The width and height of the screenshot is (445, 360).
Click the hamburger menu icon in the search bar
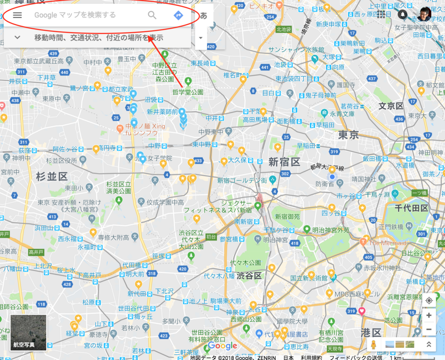pos(17,15)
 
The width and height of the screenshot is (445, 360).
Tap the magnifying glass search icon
pos(152,15)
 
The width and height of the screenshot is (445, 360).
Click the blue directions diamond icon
pos(178,15)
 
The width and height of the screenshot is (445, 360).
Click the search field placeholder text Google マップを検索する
pos(75,15)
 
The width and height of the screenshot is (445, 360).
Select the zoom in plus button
pos(429,315)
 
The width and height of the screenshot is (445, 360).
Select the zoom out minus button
pos(429,329)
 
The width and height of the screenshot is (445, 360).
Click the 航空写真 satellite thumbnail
pos(28,333)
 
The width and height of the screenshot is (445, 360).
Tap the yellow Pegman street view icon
pos(373,345)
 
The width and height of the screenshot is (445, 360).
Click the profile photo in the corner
pos(424,14)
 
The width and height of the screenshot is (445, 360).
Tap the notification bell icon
pos(403,14)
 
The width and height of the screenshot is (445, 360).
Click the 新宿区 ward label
pos(284,162)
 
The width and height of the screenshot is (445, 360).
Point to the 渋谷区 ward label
pos(249,276)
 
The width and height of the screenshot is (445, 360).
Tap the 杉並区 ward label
pos(52,177)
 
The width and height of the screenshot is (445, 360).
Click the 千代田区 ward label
pos(411,208)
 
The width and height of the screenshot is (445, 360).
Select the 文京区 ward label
pos(391,106)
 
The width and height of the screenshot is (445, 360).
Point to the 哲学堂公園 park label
pos(188,92)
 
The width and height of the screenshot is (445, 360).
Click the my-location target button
pos(429,300)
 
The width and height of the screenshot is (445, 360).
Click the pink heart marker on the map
pos(362,311)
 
